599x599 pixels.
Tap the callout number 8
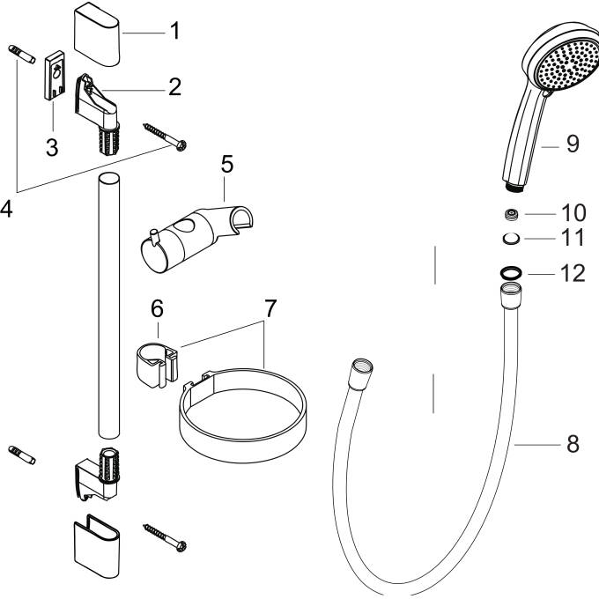(573, 444)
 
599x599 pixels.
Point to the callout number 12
(573, 273)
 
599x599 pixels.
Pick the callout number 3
(52, 147)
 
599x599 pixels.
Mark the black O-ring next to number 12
(510, 272)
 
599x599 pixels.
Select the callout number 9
(573, 144)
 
